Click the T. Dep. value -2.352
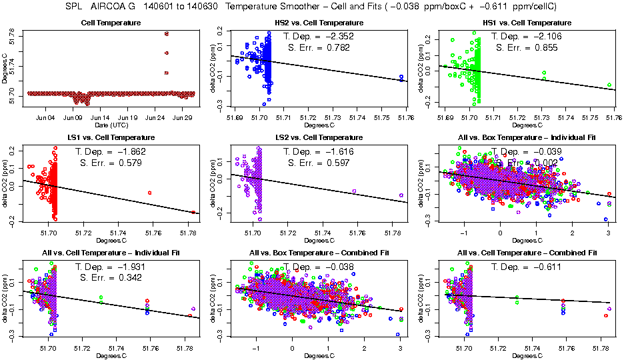[x=345, y=37]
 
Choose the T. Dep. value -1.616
[x=344, y=151]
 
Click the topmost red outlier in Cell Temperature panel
[x=167, y=33]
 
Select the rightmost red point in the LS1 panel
[x=193, y=212]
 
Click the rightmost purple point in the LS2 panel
[x=401, y=195]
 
